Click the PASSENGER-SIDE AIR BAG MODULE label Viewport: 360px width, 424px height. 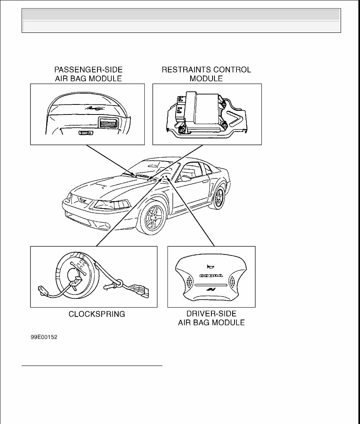pyautogui.click(x=88, y=74)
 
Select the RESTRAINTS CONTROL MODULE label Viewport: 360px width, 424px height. pyautogui.click(x=206, y=74)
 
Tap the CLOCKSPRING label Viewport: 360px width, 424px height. pyautogui.click(x=97, y=314)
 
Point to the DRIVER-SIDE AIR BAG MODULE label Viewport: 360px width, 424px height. pyautogui.click(x=211, y=318)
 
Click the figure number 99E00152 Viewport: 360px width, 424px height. pyautogui.click(x=44, y=337)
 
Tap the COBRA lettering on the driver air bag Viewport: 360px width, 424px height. pyautogui.click(x=211, y=275)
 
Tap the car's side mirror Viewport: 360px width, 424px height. pyautogui.click(x=186, y=178)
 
